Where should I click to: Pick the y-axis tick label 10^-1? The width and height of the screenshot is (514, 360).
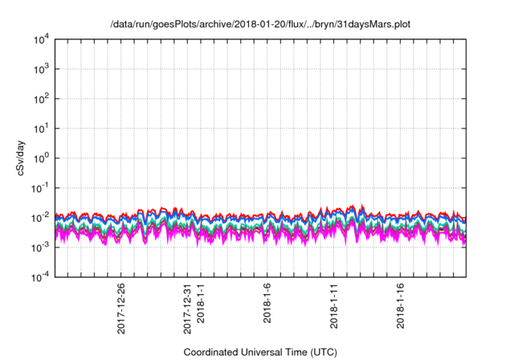[x=40, y=187]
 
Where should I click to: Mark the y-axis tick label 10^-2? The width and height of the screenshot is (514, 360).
[x=40, y=217]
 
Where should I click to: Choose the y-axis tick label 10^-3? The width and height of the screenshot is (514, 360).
[x=40, y=247]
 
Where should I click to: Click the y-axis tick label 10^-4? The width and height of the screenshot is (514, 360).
[x=40, y=276]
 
